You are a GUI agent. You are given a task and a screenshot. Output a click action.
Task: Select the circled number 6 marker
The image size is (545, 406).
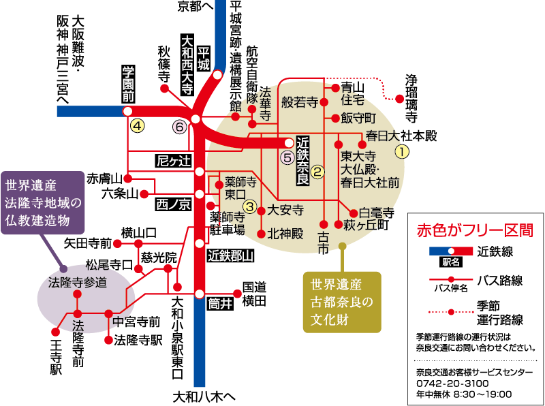tap(180, 126)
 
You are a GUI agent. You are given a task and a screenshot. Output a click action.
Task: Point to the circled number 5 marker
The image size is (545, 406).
tap(287, 156)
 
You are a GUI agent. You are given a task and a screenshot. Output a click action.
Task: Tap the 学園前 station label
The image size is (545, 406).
tap(127, 84)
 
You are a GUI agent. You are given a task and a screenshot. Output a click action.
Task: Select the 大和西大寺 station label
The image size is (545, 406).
tap(186, 63)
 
